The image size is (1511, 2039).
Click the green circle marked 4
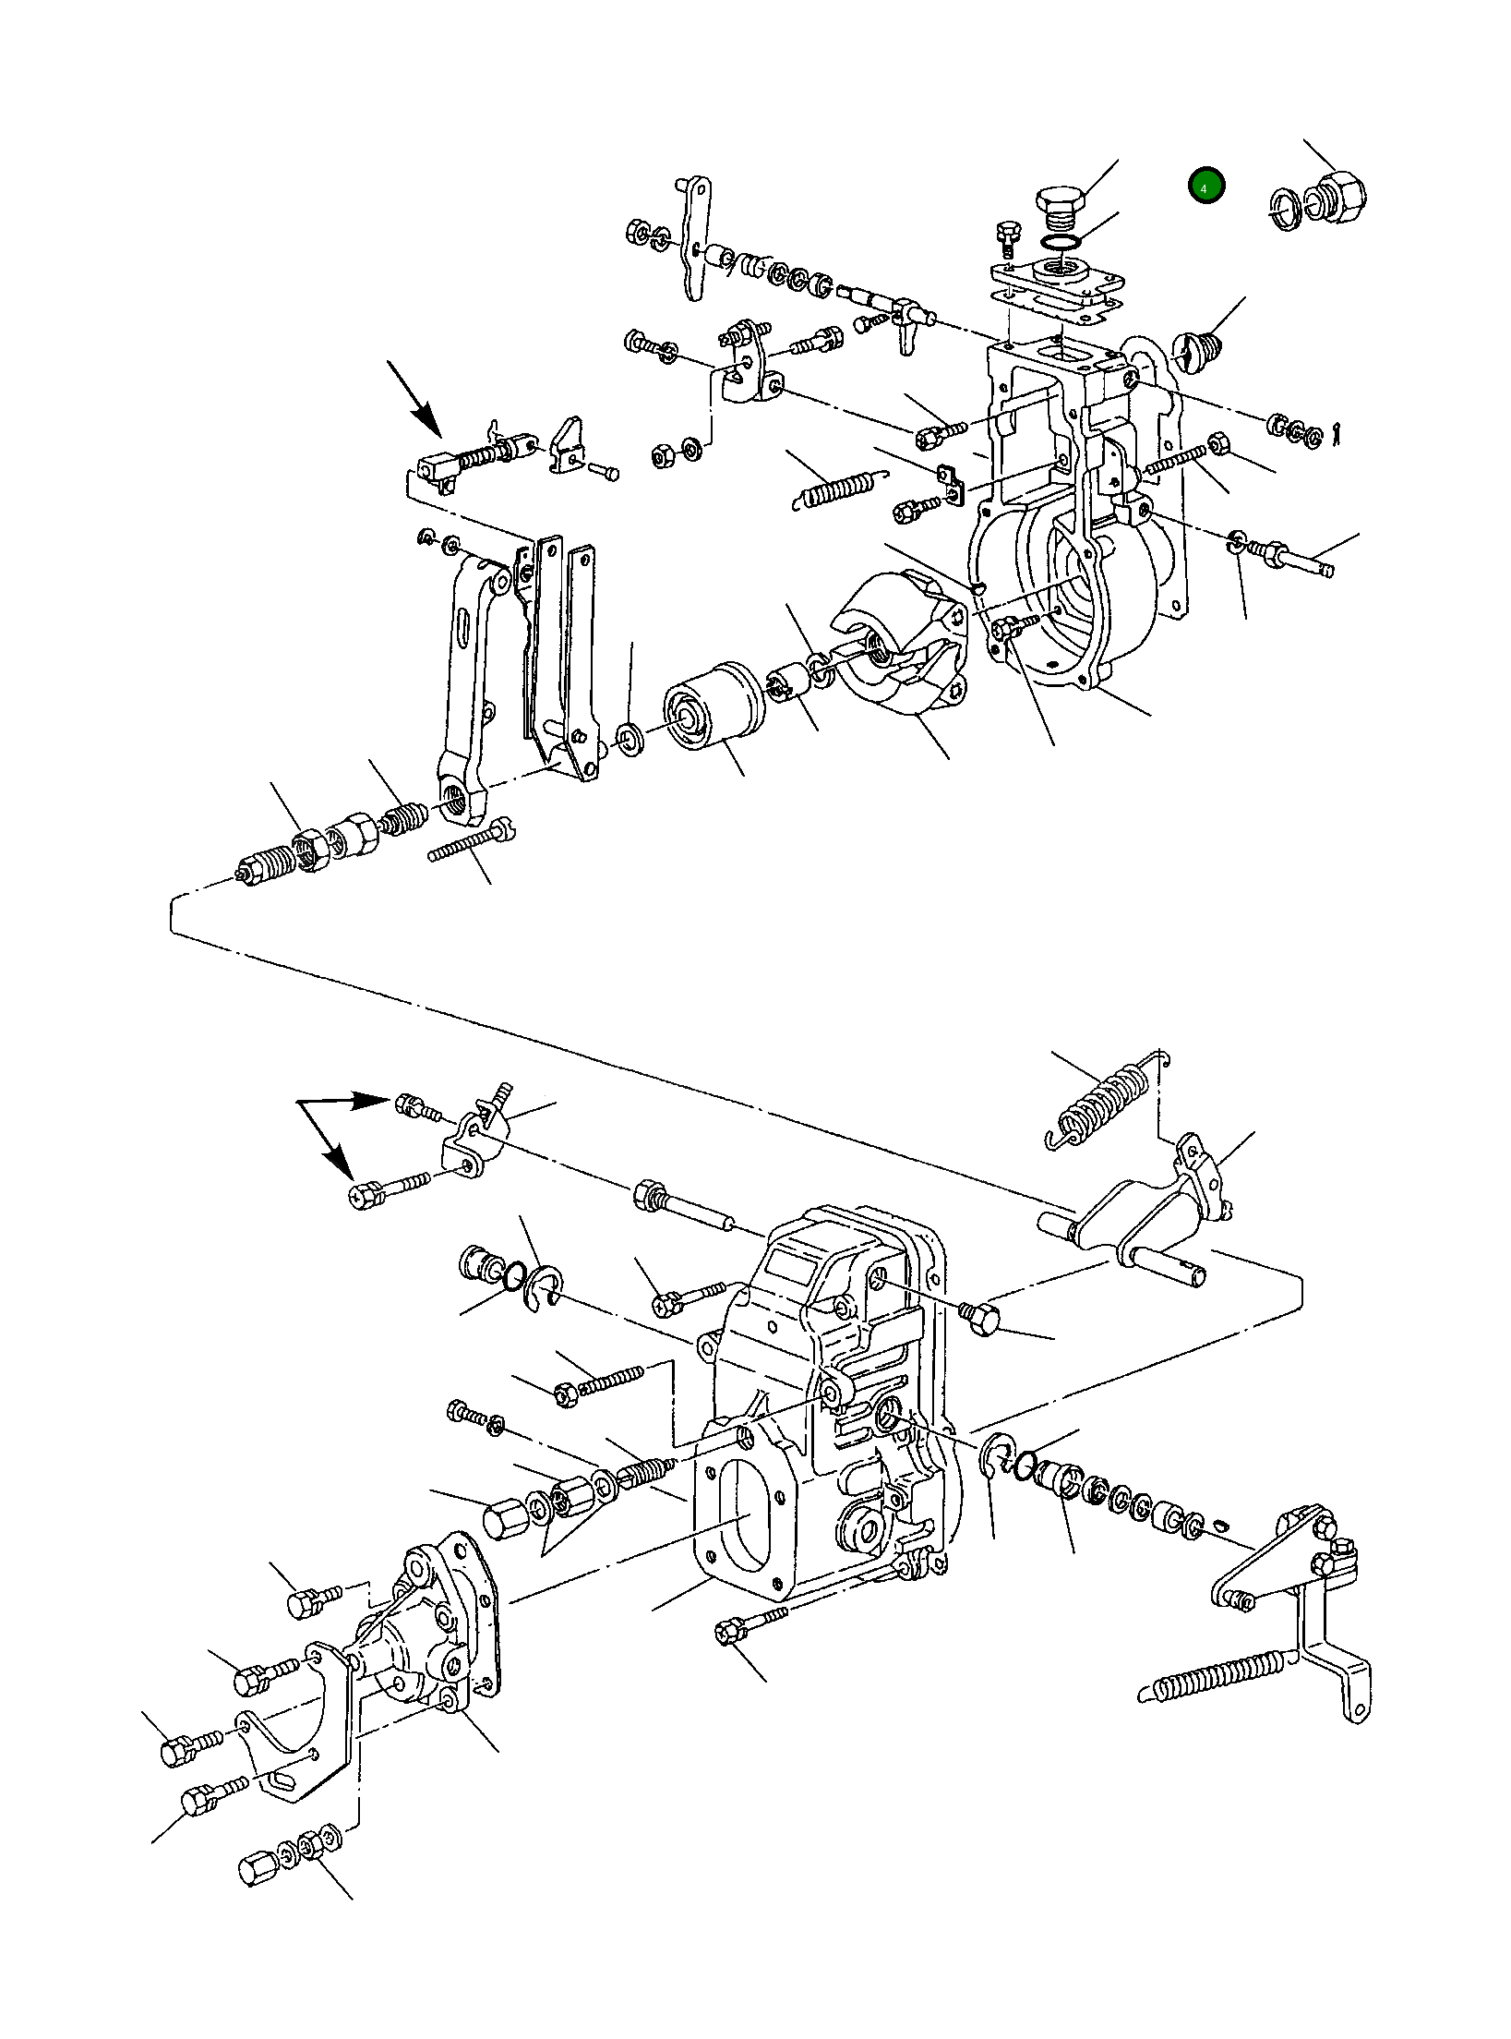click(x=1205, y=187)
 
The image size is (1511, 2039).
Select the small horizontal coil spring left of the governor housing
click(x=838, y=488)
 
